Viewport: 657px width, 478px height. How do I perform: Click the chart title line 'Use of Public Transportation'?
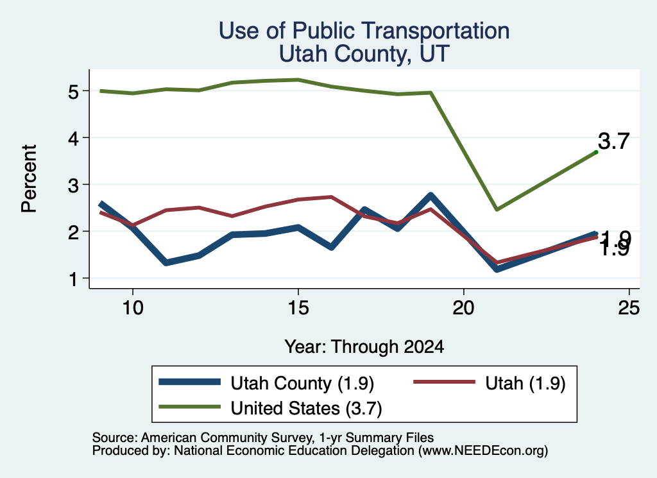click(x=364, y=31)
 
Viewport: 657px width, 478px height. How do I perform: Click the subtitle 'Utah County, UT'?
click(x=364, y=54)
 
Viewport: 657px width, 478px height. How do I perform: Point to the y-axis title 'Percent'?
click(x=30, y=179)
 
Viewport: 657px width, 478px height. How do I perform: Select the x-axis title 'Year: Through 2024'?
click(x=364, y=347)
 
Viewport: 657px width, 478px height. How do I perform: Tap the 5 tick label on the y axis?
click(x=73, y=91)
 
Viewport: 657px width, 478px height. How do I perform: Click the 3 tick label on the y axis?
click(x=73, y=185)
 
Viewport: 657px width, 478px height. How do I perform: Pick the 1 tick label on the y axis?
click(x=74, y=278)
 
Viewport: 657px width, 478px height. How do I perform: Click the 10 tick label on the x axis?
click(x=133, y=308)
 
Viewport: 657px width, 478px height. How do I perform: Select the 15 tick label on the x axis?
click(x=298, y=308)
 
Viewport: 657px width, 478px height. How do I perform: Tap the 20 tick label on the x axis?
click(x=463, y=308)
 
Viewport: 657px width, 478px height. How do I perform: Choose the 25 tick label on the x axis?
click(x=629, y=308)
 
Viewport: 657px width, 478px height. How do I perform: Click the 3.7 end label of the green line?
click(x=613, y=141)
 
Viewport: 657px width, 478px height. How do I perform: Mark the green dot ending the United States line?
click(x=596, y=152)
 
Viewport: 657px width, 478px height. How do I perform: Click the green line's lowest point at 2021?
click(x=497, y=209)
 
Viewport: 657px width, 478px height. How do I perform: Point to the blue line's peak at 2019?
click(x=431, y=195)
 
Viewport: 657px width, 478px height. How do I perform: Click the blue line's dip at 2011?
click(x=166, y=262)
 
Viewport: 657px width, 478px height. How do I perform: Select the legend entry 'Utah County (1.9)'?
click(x=266, y=383)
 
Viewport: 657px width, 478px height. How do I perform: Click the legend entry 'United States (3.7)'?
click(x=270, y=408)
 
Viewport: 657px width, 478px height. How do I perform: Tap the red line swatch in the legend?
click(x=444, y=382)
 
